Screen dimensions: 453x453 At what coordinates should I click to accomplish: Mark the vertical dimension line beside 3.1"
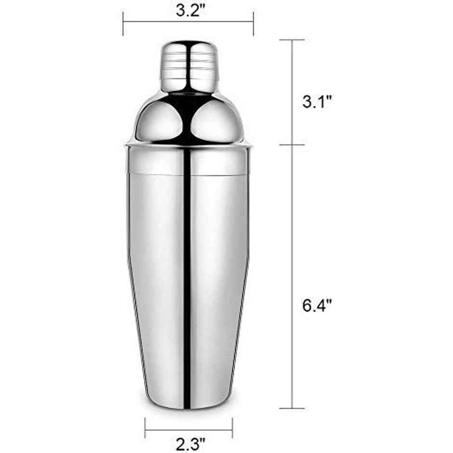(x=292, y=92)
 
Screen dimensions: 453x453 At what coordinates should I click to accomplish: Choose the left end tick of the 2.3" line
(x=146, y=425)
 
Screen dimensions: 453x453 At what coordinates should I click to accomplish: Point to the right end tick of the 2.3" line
(x=232, y=425)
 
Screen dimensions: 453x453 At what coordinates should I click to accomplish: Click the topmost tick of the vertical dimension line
(x=292, y=40)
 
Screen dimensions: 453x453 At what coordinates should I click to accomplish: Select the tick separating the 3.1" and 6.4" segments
(x=292, y=145)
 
